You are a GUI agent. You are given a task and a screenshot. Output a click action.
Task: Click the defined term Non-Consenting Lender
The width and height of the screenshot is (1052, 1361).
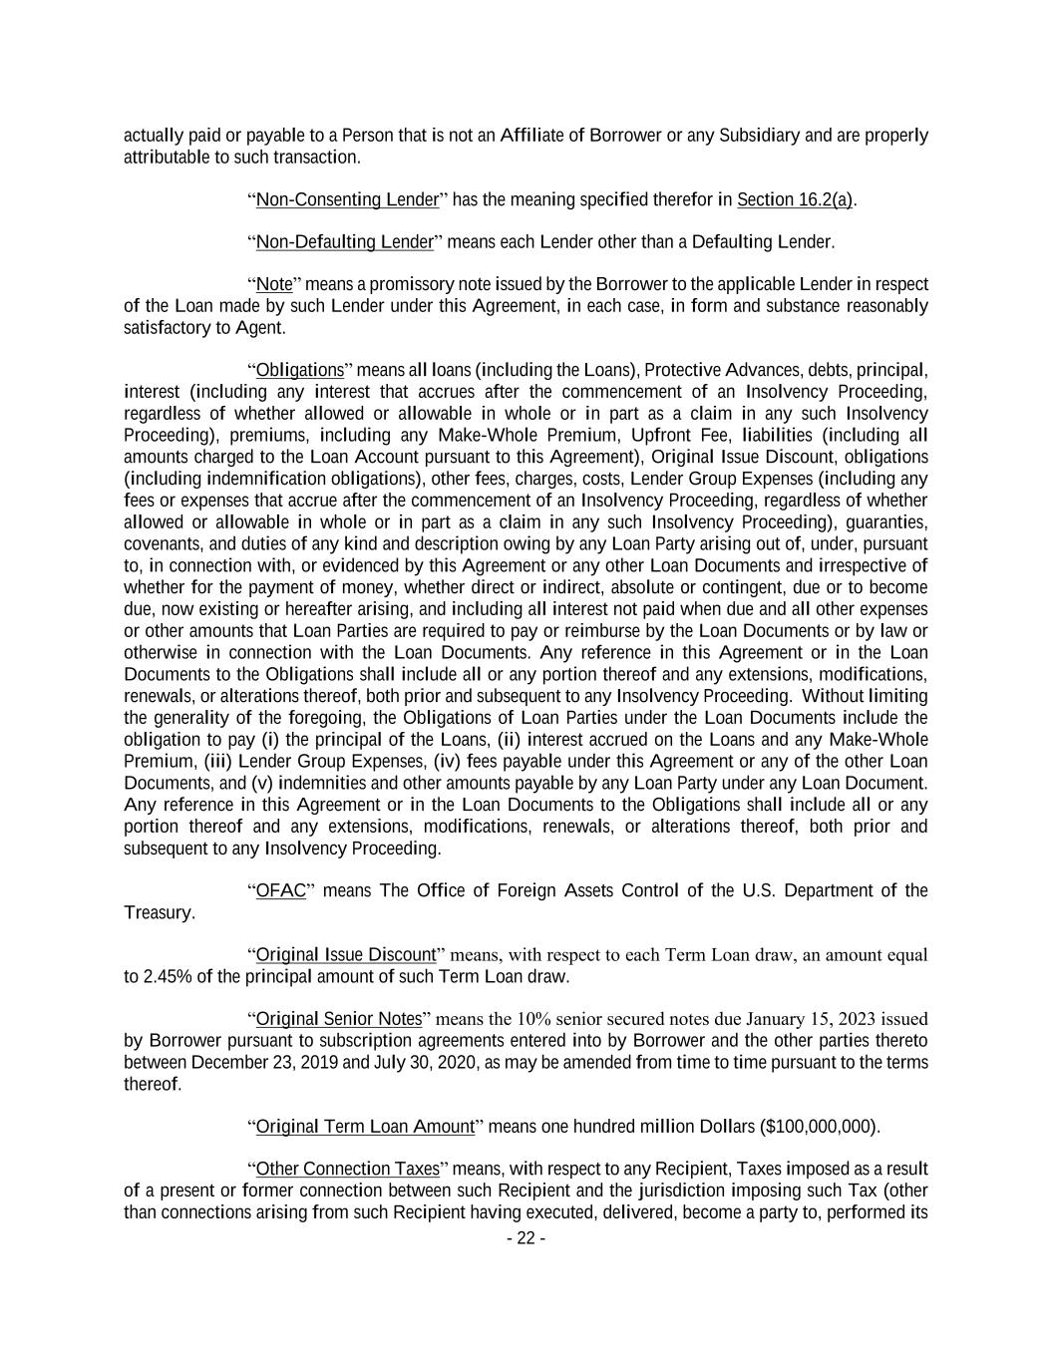coord(347,199)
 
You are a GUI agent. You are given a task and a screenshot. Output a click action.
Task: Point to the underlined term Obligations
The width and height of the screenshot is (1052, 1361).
coord(300,371)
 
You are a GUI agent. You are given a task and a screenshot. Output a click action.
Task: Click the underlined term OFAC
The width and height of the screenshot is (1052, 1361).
coord(280,890)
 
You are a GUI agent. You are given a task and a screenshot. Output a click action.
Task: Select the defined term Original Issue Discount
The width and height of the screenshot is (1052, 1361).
coord(346,955)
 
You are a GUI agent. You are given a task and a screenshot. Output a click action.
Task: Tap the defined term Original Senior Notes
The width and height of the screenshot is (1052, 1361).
coord(339,1019)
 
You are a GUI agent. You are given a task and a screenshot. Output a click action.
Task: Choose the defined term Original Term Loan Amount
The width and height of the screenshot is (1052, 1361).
coord(365,1127)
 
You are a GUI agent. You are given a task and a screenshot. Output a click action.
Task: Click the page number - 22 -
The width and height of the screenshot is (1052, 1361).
coord(526,1239)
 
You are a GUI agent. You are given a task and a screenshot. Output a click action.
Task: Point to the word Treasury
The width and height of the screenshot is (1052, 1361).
coord(159,913)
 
